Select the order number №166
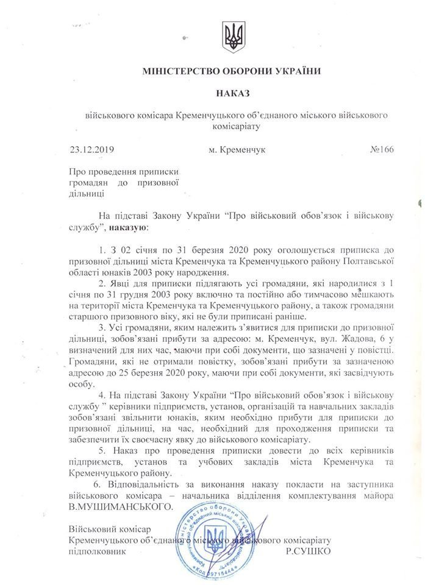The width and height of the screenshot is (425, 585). pos(377,149)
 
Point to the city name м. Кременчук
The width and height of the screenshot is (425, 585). pos(238,149)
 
